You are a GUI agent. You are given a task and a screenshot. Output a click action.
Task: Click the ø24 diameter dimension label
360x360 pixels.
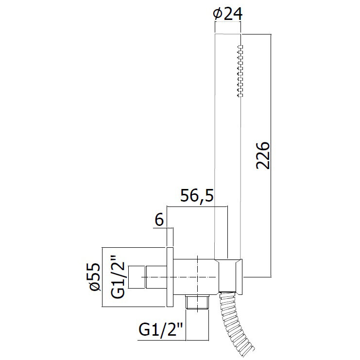tap(227, 14)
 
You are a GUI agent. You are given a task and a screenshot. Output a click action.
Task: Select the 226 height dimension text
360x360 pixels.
tap(263, 156)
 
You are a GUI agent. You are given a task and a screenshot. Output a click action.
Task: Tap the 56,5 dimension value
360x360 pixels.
tap(197, 196)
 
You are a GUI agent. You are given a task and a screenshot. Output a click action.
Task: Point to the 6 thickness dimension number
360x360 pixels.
tap(159, 220)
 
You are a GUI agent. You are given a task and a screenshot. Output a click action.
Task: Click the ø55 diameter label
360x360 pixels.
tap(95, 277)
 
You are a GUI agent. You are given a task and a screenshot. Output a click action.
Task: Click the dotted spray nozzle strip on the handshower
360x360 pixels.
tap(240, 71)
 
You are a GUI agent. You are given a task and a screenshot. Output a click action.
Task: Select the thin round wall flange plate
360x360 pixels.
tap(170, 277)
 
